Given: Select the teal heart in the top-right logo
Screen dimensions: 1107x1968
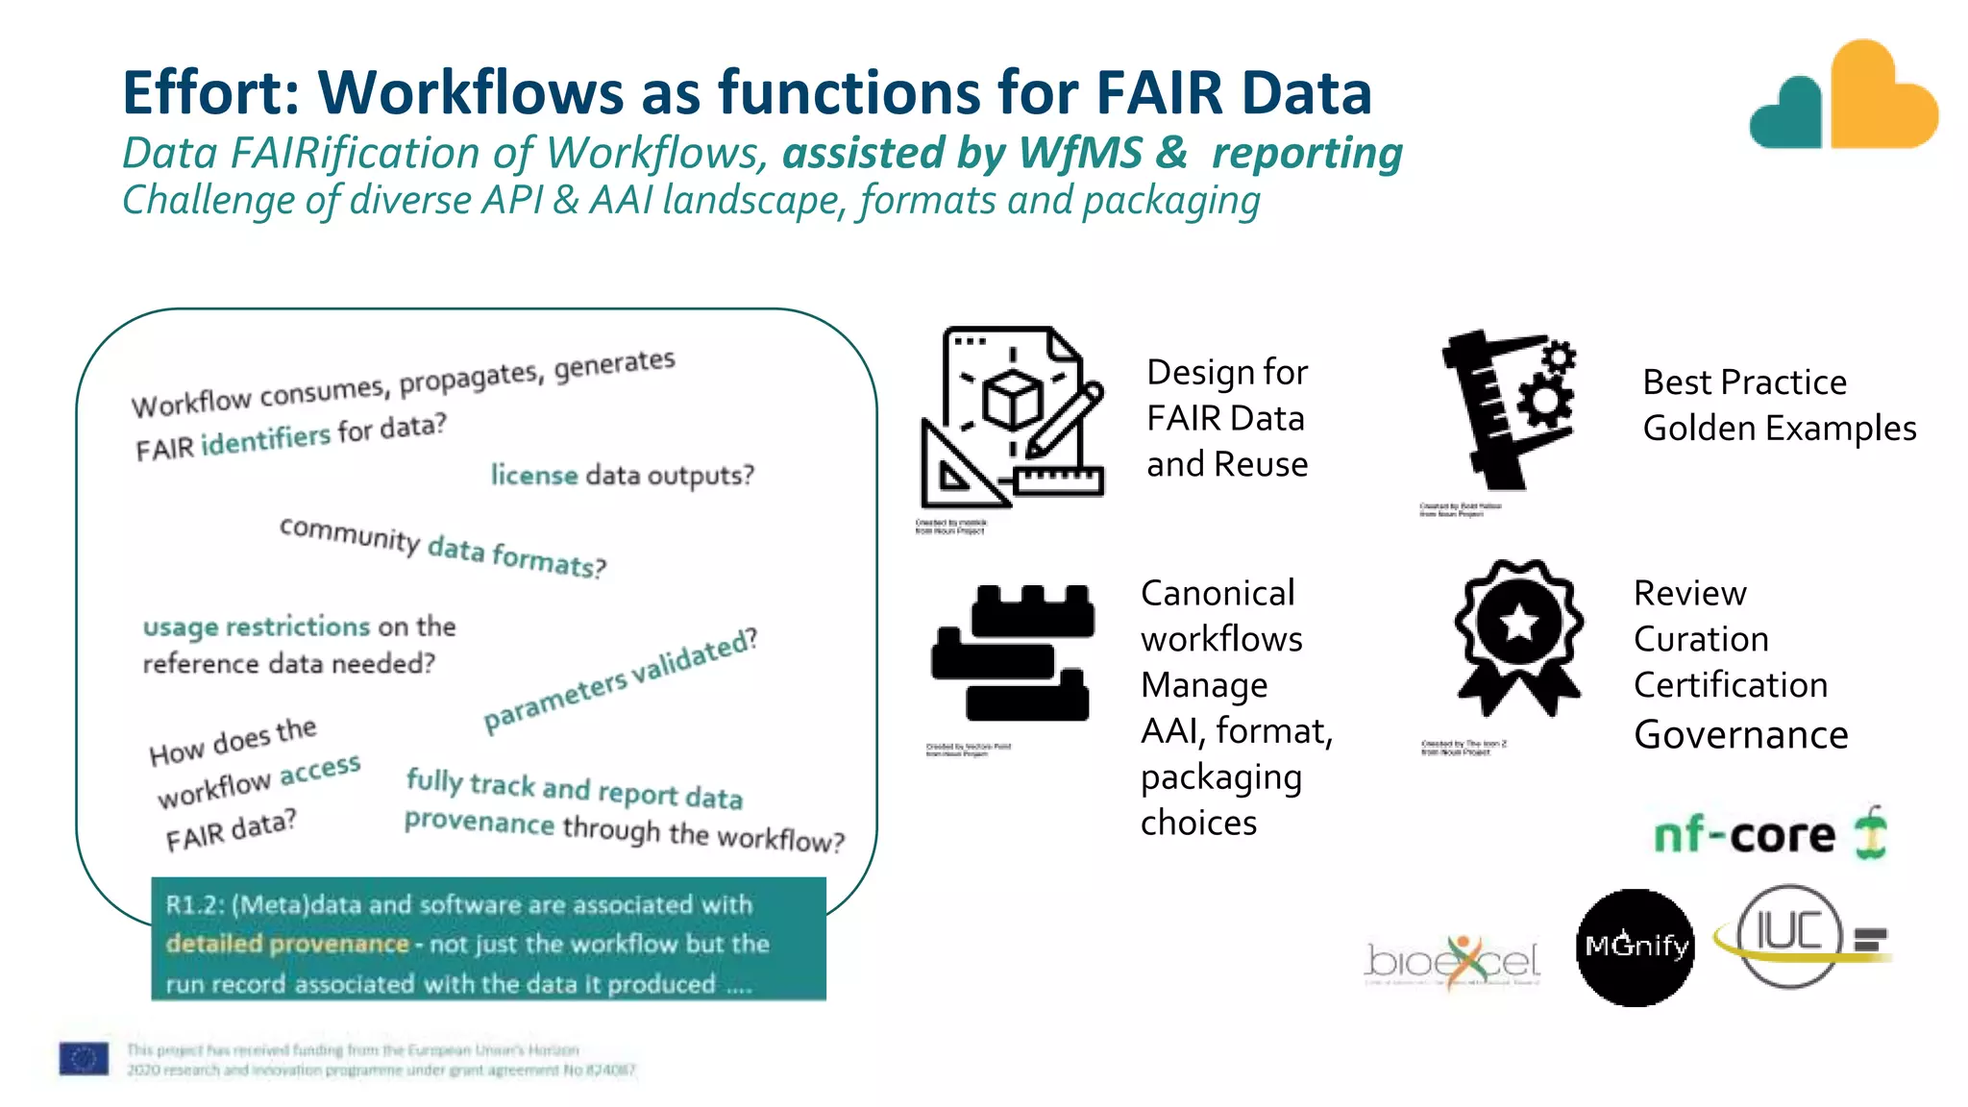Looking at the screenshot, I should click(1788, 115).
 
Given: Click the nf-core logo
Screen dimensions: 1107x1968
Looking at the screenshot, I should click(1768, 834).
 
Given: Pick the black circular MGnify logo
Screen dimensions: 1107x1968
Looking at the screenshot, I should click(1636, 947).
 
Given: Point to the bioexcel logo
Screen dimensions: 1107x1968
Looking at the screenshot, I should click(1452, 961).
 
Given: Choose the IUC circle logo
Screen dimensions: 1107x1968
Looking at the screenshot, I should click(1788, 935).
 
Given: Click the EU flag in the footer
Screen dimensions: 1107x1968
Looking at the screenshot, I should click(84, 1058).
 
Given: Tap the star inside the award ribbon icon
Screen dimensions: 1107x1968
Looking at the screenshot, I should click(1519, 623).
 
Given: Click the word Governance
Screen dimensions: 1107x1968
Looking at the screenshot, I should click(1740, 735).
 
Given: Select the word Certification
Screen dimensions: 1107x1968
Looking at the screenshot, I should click(1730, 685).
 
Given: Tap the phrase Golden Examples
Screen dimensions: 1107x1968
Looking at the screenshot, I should click(1779, 429).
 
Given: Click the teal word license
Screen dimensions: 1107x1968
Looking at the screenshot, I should click(534, 475).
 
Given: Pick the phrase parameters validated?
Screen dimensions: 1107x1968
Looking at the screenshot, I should click(621, 679).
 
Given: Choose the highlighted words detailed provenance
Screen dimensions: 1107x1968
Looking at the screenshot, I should click(287, 944).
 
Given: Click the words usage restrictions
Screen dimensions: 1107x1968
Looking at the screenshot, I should click(257, 627).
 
